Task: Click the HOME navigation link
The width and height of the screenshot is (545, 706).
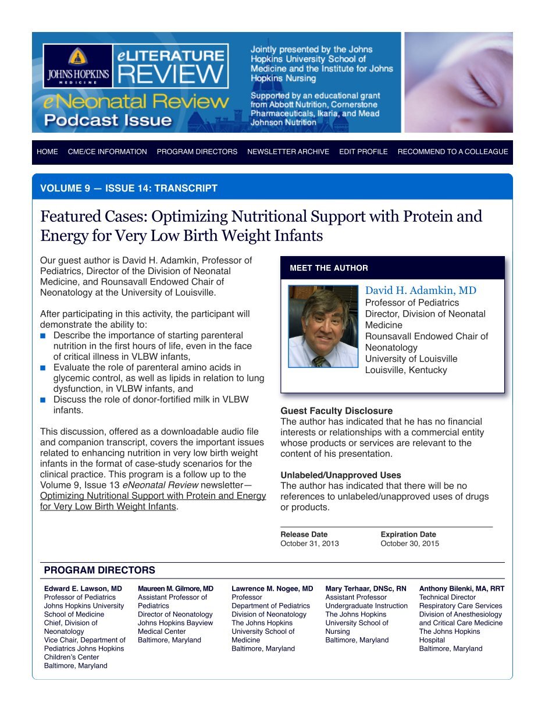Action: tap(47, 152)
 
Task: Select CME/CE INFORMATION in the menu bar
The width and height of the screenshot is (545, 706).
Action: tap(107, 152)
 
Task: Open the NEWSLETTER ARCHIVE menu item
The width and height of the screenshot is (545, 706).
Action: tap(288, 152)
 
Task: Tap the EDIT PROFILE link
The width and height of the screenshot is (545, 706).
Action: tap(363, 152)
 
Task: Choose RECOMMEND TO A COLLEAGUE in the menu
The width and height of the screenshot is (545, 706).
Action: tap(453, 152)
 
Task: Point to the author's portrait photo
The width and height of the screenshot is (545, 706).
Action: tap(323, 327)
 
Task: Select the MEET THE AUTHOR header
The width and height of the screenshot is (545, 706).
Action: tap(329, 268)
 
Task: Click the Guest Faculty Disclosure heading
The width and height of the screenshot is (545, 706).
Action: tap(336, 411)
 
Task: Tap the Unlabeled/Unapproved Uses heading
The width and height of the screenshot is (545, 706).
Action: tap(340, 475)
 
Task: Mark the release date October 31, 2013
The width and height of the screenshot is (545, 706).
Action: tap(309, 544)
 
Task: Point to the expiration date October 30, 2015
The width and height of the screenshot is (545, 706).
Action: tap(409, 544)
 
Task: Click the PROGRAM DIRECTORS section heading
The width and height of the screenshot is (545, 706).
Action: tap(99, 570)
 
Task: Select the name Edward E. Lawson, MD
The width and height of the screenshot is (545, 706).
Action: tap(83, 588)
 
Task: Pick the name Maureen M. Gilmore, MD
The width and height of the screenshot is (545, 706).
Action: tap(176, 588)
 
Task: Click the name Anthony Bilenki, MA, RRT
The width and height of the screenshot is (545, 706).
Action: tap(462, 588)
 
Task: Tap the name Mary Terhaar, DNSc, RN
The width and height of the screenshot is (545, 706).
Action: tap(366, 588)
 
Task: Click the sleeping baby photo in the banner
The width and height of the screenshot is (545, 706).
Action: tap(458, 82)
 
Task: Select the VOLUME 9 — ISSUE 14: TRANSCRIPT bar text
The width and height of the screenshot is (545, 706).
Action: tap(129, 189)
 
